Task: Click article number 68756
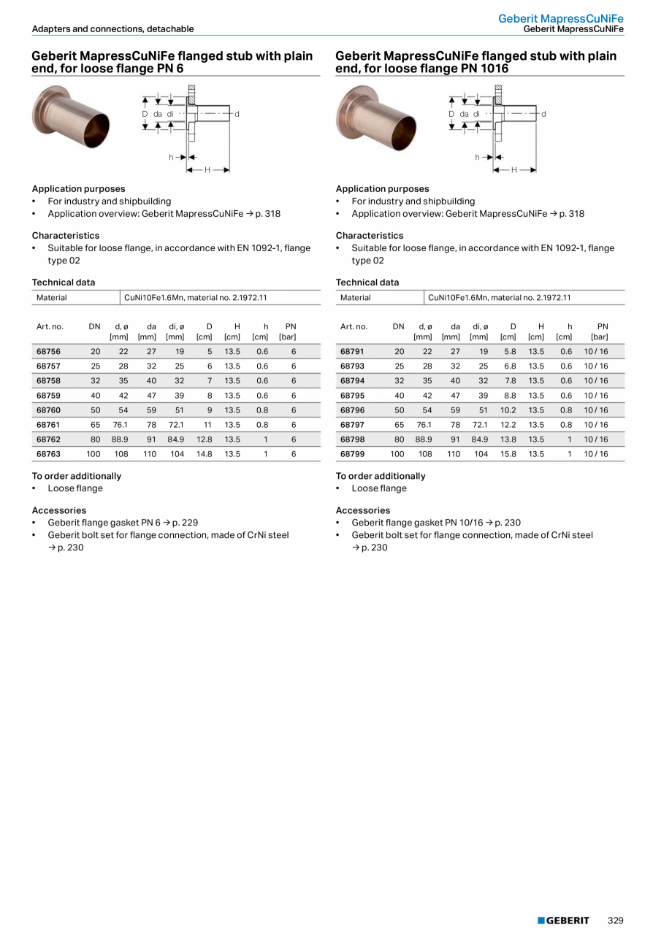tap(48, 351)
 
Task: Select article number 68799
tap(352, 453)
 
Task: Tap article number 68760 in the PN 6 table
tap(48, 410)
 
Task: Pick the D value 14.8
tap(205, 453)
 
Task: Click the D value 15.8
tap(508, 453)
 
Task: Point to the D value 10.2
tap(508, 410)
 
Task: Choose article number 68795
tap(352, 395)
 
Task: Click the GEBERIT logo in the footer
tap(563, 921)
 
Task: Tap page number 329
tap(616, 921)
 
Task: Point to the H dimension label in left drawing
tap(207, 170)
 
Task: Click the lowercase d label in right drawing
tap(543, 114)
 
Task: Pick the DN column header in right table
tap(398, 326)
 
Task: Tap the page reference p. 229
tap(185, 523)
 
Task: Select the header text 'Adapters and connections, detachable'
tap(113, 29)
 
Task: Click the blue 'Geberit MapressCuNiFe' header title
tap(561, 18)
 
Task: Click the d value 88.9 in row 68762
tap(120, 439)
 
